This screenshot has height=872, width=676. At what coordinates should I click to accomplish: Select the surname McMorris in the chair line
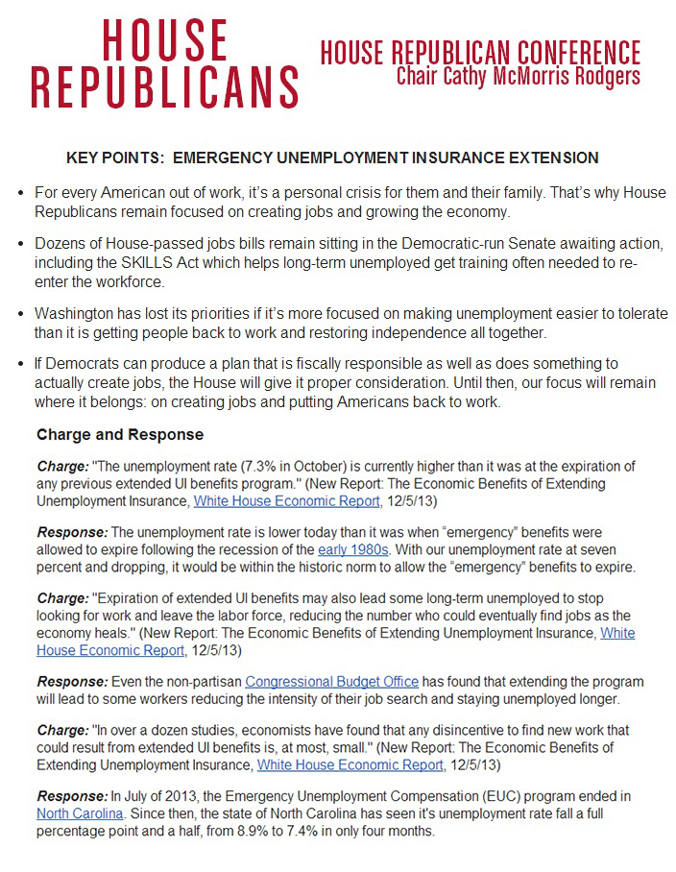coord(533,76)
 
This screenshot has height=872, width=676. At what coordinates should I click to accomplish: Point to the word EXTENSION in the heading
coord(548,157)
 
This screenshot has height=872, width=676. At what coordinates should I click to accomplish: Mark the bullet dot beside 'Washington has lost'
coord(21,314)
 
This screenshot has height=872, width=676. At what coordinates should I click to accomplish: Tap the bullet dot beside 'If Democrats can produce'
coord(21,366)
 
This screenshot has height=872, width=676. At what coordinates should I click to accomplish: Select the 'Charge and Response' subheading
coord(120,434)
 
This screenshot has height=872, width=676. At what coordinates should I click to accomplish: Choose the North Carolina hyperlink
coord(80,814)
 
